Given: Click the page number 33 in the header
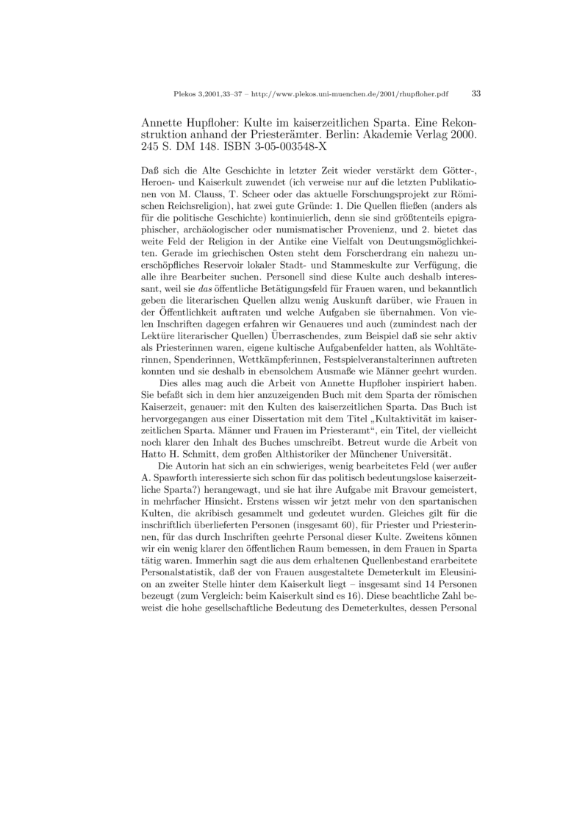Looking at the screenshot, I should click(x=476, y=94).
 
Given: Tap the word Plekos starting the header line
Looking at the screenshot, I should click(x=184, y=95).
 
